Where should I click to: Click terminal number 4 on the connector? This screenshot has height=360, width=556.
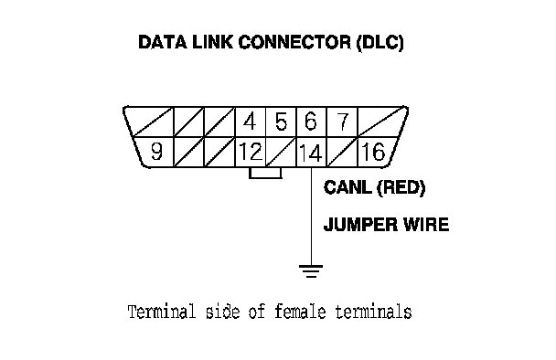coord(250,122)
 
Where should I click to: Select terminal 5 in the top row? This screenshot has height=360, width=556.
coord(281,122)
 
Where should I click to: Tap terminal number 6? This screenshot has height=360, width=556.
coord(311,122)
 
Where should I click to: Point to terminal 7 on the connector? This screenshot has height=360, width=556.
coord(342,122)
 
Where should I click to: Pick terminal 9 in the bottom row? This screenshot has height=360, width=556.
coord(156,152)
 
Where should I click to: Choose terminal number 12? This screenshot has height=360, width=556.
coord(251,152)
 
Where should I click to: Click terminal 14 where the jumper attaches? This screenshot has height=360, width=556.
coord(311,153)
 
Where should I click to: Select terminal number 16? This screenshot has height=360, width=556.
coord(373,152)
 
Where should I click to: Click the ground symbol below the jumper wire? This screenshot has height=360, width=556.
coord(311,271)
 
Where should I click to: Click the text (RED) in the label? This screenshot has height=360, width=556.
coord(401,188)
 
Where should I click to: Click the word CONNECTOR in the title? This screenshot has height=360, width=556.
coord(294,42)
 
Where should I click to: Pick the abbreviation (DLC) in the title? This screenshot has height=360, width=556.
coord(380,43)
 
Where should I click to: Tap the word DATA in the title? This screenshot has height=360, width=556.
coord(163,42)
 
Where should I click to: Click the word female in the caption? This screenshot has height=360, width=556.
coord(300,312)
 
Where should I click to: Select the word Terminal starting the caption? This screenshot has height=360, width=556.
coord(162,312)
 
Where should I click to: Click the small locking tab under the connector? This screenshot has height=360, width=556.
coord(265,173)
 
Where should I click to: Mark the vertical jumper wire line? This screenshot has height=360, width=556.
coord(311,217)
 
